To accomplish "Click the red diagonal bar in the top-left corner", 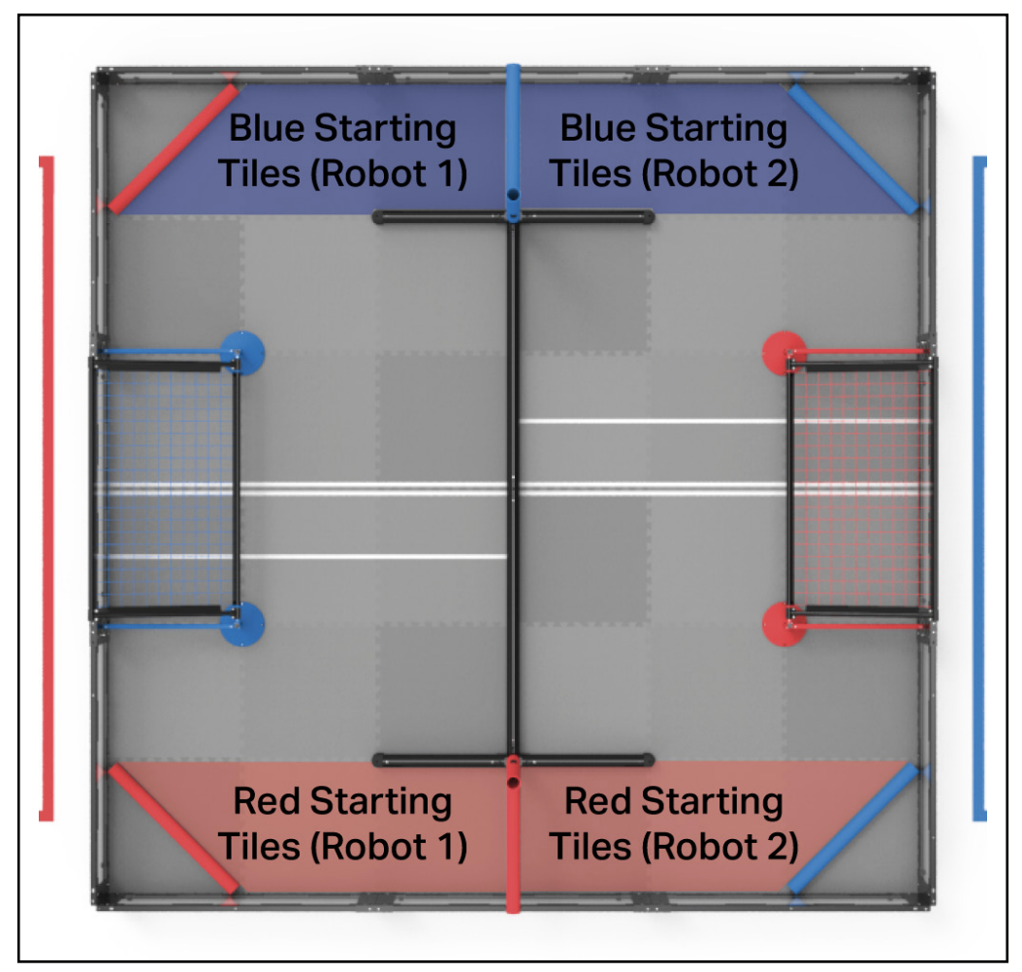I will pos(173,147).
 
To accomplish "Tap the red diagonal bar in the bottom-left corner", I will pos(173,827).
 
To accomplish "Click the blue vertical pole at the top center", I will pos(513,136).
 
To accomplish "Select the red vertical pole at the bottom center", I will pos(513,834).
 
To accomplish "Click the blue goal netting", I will pos(165,485).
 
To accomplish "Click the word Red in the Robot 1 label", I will pos(268,802).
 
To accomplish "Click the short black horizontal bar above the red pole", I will pos(513,759).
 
